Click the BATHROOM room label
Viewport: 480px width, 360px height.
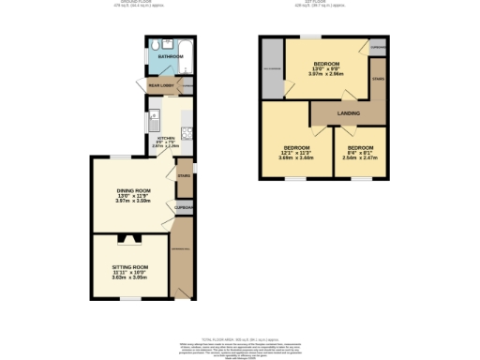tap(170, 56)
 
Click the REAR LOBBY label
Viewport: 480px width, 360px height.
tap(161, 86)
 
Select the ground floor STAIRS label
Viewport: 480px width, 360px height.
tap(184, 175)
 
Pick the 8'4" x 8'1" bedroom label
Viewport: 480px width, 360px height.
tap(360, 148)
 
